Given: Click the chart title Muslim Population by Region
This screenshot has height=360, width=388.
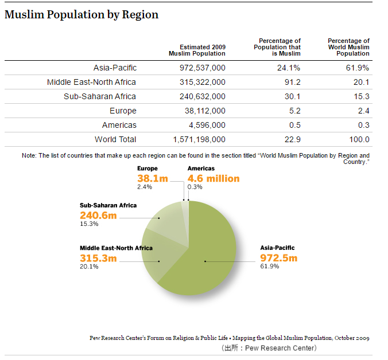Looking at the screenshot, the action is pyautogui.click(x=82, y=14).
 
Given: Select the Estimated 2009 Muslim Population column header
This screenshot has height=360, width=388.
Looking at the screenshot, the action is pyautogui.click(x=197, y=50).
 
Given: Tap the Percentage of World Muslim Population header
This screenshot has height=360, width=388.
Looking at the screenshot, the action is pyautogui.click(x=348, y=47).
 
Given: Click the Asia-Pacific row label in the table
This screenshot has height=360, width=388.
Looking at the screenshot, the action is pyautogui.click(x=115, y=68).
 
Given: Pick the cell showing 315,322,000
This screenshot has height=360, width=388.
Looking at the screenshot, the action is pyautogui.click(x=203, y=82).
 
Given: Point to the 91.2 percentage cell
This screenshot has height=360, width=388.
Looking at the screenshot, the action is pyautogui.click(x=293, y=82).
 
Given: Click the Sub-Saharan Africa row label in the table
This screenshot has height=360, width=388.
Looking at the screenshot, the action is pyautogui.click(x=100, y=96).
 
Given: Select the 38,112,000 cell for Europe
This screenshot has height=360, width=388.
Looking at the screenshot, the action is pyautogui.click(x=205, y=111).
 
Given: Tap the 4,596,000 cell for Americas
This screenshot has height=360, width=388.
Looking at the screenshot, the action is pyautogui.click(x=207, y=125).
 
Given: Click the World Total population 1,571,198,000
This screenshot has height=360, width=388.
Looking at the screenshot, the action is pyautogui.click(x=199, y=139).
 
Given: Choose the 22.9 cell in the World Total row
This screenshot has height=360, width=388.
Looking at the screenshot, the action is pyautogui.click(x=293, y=139).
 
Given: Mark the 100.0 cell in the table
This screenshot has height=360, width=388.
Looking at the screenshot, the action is pyautogui.click(x=359, y=139).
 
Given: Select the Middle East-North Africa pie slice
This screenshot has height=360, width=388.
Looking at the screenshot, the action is pyautogui.click(x=161, y=255).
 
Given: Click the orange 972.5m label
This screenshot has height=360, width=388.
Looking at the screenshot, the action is pyautogui.click(x=278, y=258).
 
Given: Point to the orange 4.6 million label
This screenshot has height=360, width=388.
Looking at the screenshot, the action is pyautogui.click(x=214, y=179).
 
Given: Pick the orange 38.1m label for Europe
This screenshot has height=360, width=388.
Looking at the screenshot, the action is pyautogui.click(x=153, y=179).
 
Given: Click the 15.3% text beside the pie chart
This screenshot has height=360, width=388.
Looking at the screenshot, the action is pyautogui.click(x=89, y=224).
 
